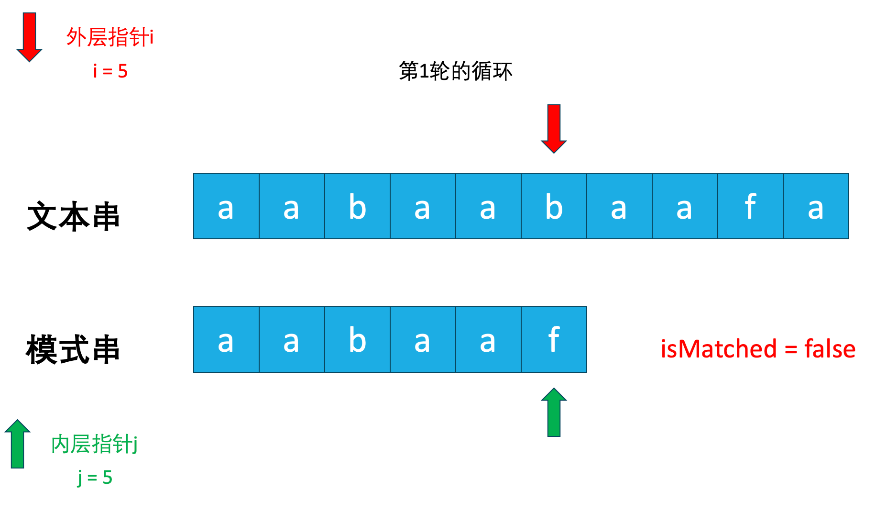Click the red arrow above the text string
[x=554, y=128]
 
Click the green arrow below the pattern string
[x=554, y=413]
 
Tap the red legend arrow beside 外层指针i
[x=29, y=37]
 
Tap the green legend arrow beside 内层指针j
[x=18, y=444]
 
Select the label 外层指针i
[x=110, y=37]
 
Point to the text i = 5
[x=110, y=71]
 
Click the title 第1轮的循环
[x=455, y=71]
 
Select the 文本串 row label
[x=73, y=216]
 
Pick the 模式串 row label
[x=73, y=350]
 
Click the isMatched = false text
[x=758, y=348]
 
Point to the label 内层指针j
[x=94, y=444]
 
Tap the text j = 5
[x=95, y=477]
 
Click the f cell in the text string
[x=750, y=206]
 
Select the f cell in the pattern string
[x=554, y=340]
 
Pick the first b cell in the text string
[x=357, y=206]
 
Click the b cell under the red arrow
[x=554, y=206]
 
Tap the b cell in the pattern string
[x=357, y=340]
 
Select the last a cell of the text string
[x=816, y=206]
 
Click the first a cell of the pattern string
[x=226, y=340]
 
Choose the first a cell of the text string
[x=226, y=206]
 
